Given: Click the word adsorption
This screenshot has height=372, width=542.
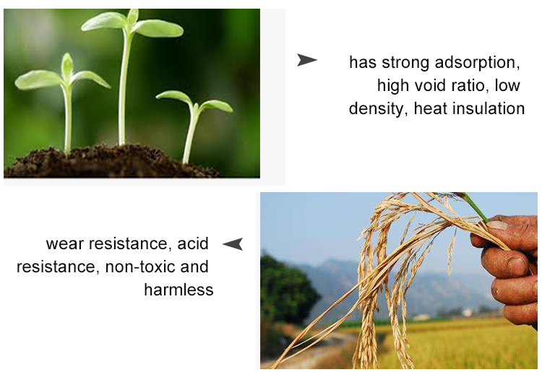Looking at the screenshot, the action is coord(478,63).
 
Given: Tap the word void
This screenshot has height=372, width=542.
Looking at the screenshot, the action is coord(428,85).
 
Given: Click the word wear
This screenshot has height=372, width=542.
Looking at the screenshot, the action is coord(65,244).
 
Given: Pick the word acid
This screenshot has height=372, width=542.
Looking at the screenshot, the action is coord(193,243).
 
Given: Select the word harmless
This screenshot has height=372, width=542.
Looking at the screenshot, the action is coord(178,290).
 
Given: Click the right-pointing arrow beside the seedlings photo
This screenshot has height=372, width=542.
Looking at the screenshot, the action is coord(306,60).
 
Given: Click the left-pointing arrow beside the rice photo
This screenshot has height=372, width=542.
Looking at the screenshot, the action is coord(233,244).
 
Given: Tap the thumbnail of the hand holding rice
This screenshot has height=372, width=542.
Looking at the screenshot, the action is coord(399,280).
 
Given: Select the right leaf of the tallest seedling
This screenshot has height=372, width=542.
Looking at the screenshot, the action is coord(160,28).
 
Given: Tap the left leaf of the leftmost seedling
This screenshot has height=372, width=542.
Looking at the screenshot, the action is coord(38,79).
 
